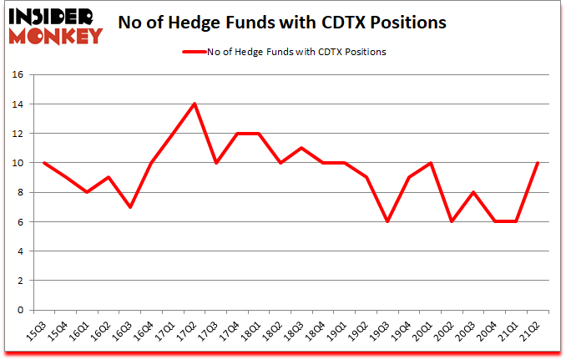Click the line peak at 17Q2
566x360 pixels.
click(195, 104)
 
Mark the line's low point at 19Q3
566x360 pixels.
click(388, 221)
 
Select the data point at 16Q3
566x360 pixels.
click(129, 207)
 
